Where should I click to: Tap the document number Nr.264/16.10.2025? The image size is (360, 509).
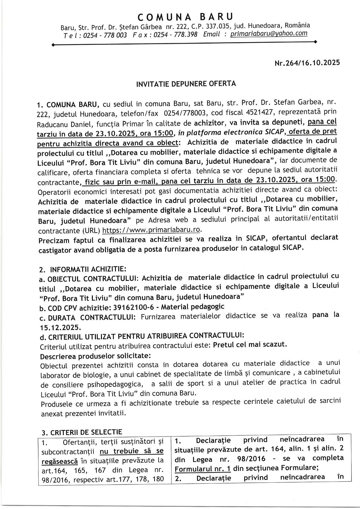(x=307, y=63)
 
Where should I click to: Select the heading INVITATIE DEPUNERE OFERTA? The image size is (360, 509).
(x=186, y=84)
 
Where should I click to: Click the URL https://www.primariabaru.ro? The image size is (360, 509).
(x=151, y=230)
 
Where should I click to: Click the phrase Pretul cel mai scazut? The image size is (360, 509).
(x=250, y=345)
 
